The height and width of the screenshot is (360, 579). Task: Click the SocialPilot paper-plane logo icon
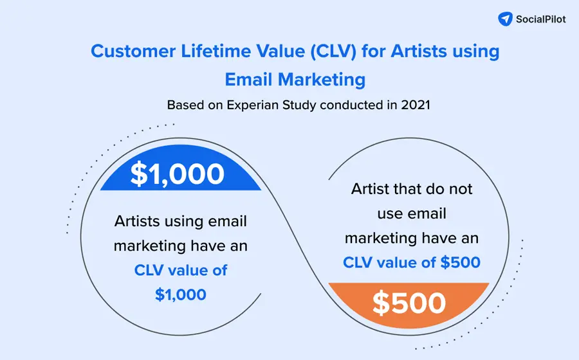point(506,19)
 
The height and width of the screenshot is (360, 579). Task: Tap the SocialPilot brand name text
point(541,19)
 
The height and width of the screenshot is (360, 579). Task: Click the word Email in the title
point(249,80)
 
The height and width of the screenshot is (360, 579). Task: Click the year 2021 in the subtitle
point(414,105)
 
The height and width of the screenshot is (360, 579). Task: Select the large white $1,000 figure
point(178,174)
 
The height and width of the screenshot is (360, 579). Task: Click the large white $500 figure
point(409,303)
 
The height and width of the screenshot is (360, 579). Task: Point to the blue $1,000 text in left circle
point(181,294)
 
